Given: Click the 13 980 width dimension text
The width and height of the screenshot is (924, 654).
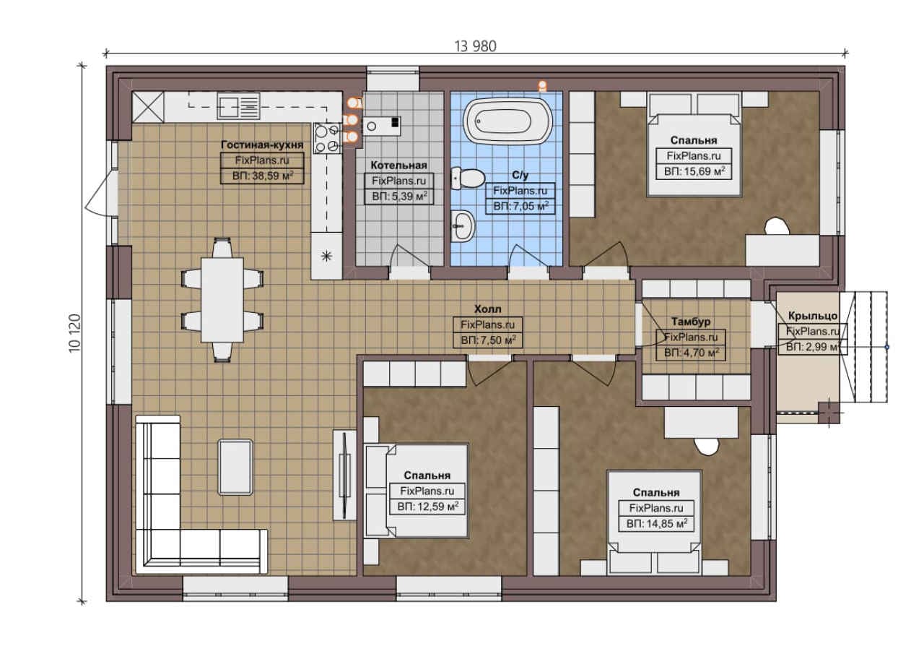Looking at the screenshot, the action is point(475,46).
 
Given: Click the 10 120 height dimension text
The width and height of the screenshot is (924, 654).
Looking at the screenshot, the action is point(75,333).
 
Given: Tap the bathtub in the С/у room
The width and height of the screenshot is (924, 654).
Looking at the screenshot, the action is point(507,121).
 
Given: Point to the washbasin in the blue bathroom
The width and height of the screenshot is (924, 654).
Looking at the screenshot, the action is point(463,226).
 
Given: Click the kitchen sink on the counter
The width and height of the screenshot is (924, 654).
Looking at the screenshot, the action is point(238,106).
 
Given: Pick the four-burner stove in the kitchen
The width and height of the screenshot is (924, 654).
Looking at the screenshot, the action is point(327,138).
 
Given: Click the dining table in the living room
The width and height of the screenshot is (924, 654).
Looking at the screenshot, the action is point(222,300).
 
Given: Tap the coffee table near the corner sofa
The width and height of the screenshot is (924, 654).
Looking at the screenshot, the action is point(235,467).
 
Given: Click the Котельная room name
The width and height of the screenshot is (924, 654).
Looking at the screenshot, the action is point(398,165).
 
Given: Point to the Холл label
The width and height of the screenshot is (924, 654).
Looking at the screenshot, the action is point(487,309).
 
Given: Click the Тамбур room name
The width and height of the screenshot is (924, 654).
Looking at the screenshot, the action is point(691,322).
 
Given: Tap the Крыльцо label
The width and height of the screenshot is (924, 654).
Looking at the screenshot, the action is point(813,316).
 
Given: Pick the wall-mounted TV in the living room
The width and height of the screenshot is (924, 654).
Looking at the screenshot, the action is point(344,476).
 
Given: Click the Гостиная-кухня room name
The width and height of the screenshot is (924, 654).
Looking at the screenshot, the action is point(262,145).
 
